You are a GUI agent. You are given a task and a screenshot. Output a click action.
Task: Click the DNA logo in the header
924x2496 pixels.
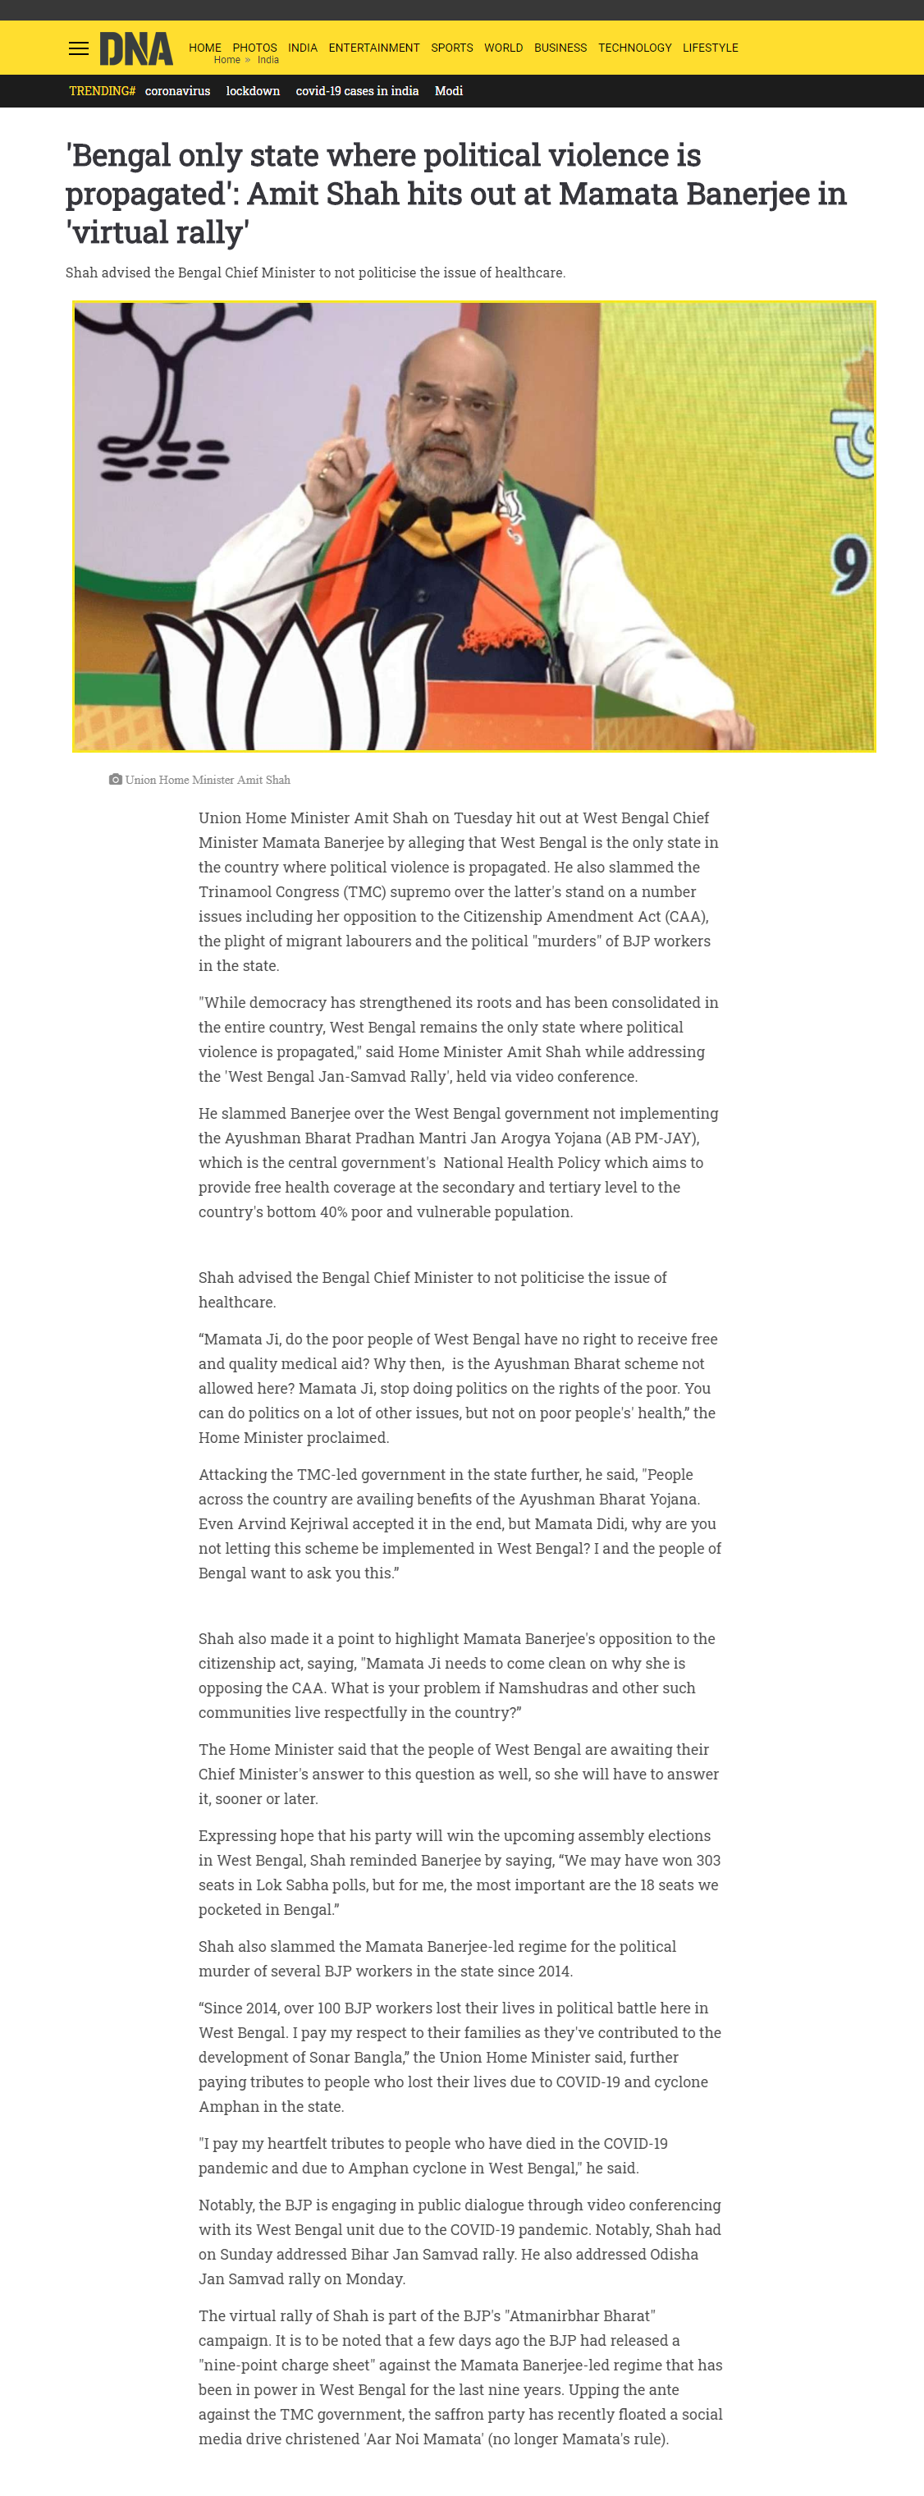tap(135, 48)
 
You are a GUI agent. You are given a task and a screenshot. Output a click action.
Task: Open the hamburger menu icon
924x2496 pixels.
tap(79, 48)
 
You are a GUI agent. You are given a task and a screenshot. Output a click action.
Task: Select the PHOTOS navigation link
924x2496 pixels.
tap(254, 48)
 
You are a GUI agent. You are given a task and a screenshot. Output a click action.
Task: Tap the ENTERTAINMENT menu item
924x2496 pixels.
tap(374, 48)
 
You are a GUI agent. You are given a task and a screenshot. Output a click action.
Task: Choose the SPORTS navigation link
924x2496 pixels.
tap(451, 48)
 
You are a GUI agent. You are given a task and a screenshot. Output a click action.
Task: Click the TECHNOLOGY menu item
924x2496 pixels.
tap(634, 48)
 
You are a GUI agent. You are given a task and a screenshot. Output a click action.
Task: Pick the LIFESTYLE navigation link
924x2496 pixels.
tap(710, 48)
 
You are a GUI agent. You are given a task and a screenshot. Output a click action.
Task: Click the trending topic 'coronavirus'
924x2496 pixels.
tap(177, 91)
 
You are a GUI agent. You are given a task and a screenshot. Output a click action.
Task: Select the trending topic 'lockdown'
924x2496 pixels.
tap(253, 91)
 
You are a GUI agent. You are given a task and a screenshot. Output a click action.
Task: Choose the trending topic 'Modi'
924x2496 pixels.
tap(448, 91)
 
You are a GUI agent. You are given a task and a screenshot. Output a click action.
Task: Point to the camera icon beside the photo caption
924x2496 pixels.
tap(115, 779)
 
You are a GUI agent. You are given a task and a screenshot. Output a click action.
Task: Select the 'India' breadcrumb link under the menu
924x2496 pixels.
tap(268, 60)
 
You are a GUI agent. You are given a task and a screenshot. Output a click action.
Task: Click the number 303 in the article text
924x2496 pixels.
tap(708, 1861)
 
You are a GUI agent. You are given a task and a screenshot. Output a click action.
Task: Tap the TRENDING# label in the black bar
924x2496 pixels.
tap(102, 91)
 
